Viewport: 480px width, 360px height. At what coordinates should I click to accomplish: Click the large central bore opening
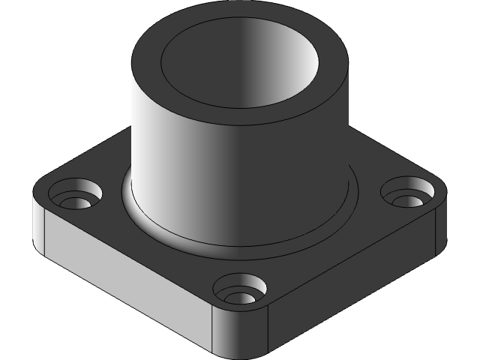240,67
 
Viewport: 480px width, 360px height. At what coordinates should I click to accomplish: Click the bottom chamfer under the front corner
240,352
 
